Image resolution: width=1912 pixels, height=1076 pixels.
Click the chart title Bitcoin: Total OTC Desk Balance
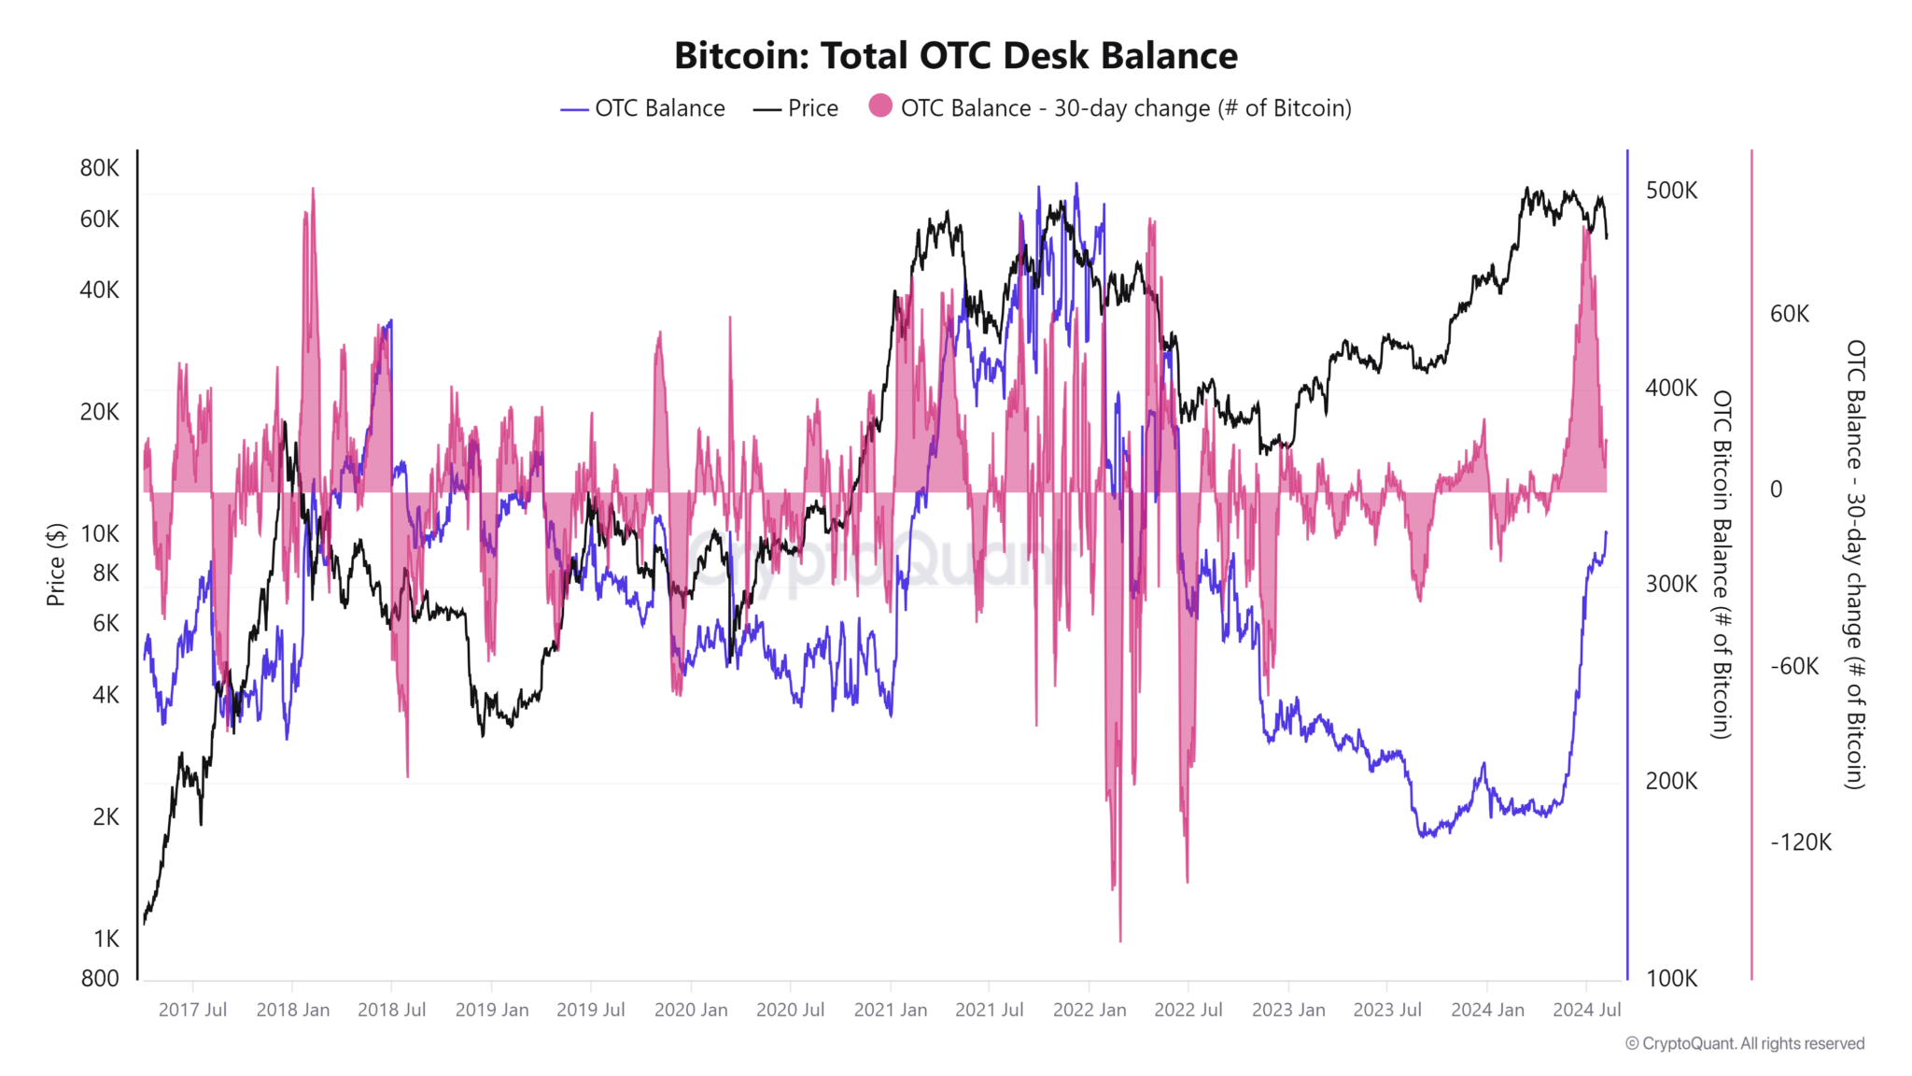click(956, 56)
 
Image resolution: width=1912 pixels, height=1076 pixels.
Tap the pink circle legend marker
click(879, 106)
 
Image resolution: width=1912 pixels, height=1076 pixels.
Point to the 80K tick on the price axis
click(100, 168)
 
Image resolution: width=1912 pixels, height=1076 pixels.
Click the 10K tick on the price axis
click(100, 534)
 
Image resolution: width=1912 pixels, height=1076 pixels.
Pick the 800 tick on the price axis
click(100, 979)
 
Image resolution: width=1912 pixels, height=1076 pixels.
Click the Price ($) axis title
click(56, 564)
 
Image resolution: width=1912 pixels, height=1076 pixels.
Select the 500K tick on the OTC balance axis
click(1671, 191)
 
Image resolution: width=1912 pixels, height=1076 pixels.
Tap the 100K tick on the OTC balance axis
click(1671, 979)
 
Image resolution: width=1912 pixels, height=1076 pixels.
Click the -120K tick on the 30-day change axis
click(1801, 842)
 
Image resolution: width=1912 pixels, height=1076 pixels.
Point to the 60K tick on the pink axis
click(1789, 314)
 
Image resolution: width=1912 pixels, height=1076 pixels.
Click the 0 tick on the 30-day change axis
click(1776, 489)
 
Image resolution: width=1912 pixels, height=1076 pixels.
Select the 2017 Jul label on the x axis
click(192, 1010)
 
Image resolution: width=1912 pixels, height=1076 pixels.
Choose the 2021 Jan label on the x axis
click(890, 1010)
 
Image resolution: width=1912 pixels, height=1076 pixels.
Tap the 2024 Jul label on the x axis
click(1586, 1010)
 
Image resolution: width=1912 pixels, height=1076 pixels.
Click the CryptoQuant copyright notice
click(1745, 1044)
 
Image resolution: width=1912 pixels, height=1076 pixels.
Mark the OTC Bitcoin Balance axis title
click(1722, 564)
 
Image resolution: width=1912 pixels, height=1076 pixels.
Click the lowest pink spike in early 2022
click(1119, 938)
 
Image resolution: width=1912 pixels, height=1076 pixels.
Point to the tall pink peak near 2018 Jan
click(312, 191)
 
